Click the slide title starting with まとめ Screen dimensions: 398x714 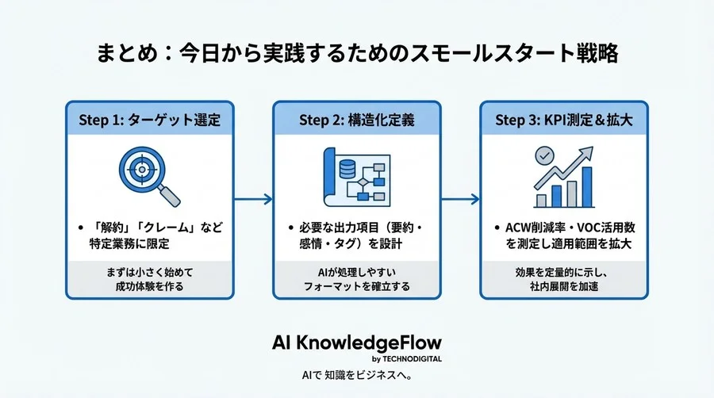[x=357, y=55]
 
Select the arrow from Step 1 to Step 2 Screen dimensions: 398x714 [x=252, y=199]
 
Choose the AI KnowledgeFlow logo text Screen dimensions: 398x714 [x=356, y=342]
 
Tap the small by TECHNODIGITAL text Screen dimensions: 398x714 [x=408, y=358]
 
